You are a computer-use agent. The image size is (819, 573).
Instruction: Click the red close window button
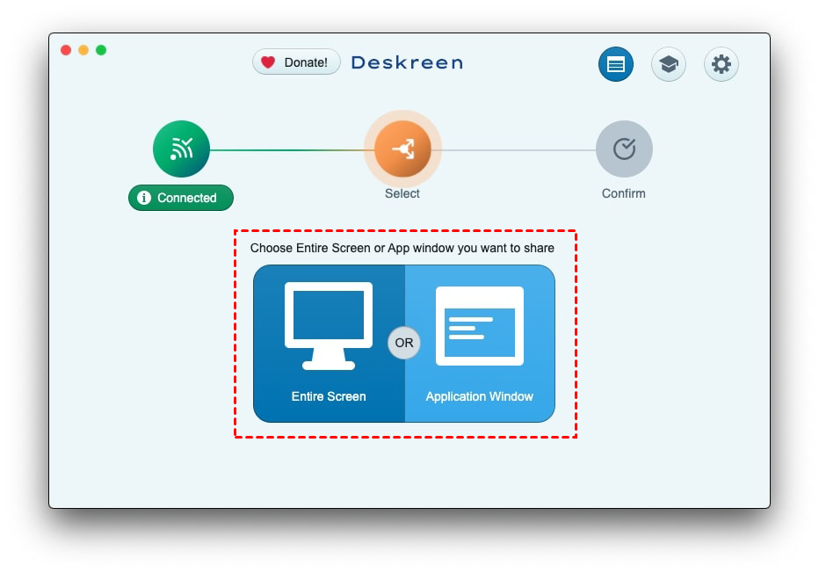pyautogui.click(x=66, y=50)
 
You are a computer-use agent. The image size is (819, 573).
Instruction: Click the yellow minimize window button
pyautogui.click(x=83, y=50)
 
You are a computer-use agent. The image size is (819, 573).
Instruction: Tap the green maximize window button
pyautogui.click(x=101, y=50)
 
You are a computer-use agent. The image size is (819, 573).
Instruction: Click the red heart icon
pyautogui.click(x=268, y=62)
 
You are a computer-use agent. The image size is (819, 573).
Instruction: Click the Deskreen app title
pyautogui.click(x=407, y=62)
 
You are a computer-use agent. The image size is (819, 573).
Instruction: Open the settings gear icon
pyautogui.click(x=721, y=64)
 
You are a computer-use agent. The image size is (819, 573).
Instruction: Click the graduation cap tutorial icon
pyautogui.click(x=668, y=64)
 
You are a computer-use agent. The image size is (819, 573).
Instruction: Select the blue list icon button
pyautogui.click(x=616, y=64)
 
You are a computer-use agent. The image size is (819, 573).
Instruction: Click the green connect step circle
pyautogui.click(x=181, y=149)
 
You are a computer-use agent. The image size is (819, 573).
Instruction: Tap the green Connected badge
pyautogui.click(x=181, y=198)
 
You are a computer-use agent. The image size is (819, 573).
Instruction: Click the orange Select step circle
pyautogui.click(x=402, y=149)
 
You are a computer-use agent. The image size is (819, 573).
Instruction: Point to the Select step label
pyautogui.click(x=402, y=193)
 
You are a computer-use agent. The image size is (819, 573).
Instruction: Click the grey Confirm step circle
pyautogui.click(x=624, y=149)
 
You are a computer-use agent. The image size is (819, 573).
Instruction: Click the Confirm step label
pyautogui.click(x=624, y=193)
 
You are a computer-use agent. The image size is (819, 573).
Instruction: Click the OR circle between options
pyautogui.click(x=404, y=343)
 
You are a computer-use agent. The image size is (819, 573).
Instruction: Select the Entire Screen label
pyautogui.click(x=329, y=396)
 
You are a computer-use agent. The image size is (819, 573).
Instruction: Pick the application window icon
pyautogui.click(x=480, y=325)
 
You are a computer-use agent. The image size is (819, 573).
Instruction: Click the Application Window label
pyautogui.click(x=480, y=396)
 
